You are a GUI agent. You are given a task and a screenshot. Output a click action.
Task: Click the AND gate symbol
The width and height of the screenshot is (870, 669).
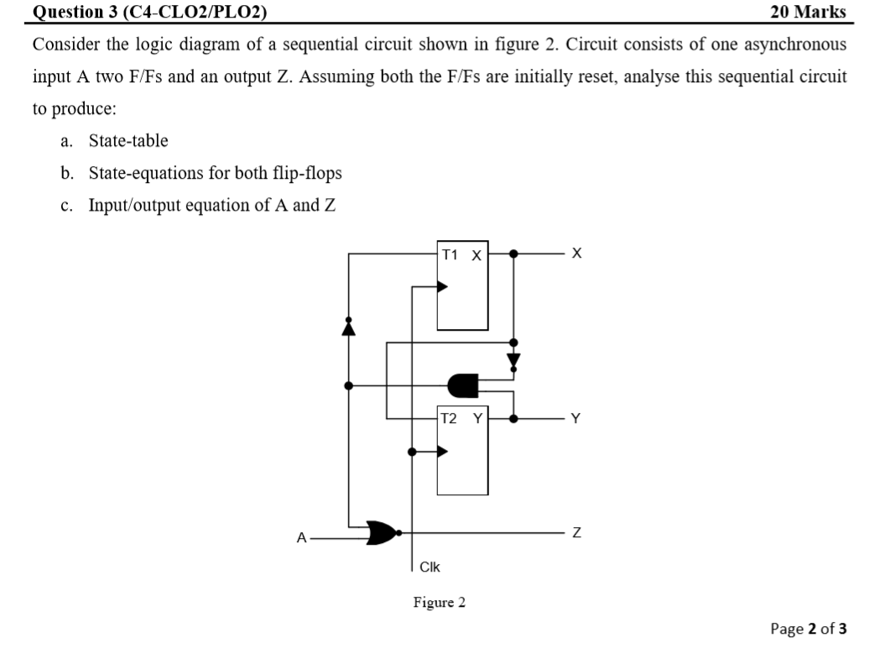tap(463, 385)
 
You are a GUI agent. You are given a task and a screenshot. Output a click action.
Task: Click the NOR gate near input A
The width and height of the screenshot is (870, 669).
tap(383, 532)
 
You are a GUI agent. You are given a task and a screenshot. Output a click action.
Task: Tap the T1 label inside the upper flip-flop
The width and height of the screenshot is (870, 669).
tap(451, 253)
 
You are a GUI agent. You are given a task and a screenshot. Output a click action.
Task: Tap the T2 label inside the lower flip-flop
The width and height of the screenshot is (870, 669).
tap(451, 417)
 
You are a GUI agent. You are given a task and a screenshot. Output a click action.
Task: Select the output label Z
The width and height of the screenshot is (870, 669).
tap(575, 532)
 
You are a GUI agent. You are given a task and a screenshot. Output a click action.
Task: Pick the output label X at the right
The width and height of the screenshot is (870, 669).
tap(575, 253)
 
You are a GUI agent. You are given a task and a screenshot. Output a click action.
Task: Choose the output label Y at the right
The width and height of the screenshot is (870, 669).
tap(575, 417)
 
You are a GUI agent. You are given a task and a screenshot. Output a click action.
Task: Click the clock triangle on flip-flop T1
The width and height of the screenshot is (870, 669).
tap(442, 287)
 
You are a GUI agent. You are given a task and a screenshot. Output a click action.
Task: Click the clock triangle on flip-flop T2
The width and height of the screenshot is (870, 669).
tap(442, 452)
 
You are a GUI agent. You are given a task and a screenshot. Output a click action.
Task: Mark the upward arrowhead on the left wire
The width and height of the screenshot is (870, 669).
tap(348, 327)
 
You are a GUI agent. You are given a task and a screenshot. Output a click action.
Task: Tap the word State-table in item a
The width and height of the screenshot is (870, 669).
tap(128, 140)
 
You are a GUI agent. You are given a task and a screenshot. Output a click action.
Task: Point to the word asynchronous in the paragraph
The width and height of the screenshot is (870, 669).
tap(789, 44)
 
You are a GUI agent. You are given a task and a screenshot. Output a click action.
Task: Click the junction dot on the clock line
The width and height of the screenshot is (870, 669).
tap(410, 452)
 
